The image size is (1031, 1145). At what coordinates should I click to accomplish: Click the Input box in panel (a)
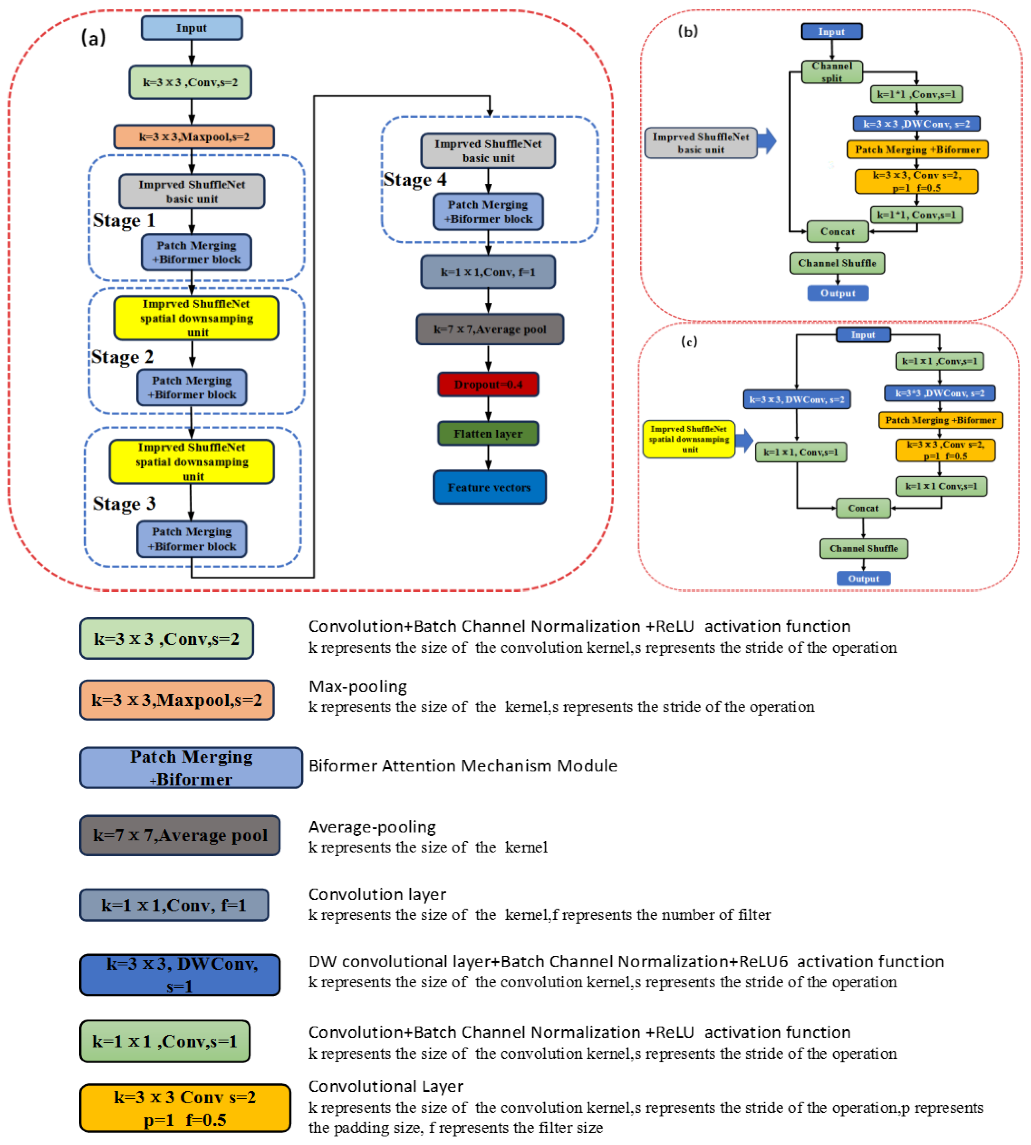click(192, 28)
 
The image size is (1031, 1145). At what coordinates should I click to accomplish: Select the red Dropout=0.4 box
click(488, 384)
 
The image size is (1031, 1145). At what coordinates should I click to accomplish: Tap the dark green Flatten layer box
click(488, 434)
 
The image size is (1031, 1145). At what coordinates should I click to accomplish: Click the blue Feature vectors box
click(490, 487)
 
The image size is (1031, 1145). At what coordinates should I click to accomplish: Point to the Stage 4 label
click(415, 179)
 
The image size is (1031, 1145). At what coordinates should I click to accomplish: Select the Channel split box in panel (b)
click(831, 72)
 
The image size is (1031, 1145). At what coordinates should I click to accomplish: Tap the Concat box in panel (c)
click(863, 508)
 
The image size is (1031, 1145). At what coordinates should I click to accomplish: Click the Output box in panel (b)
click(837, 293)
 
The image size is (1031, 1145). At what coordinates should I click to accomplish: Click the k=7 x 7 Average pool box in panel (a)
click(490, 329)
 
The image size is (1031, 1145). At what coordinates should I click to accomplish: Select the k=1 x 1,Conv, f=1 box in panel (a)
click(488, 272)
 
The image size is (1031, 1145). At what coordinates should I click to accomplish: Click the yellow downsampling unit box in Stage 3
click(192, 461)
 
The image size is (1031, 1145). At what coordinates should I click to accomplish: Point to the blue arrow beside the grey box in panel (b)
click(767, 141)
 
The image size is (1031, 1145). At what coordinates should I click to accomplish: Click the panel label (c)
click(689, 341)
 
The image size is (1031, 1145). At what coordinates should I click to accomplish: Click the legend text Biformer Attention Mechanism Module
click(462, 766)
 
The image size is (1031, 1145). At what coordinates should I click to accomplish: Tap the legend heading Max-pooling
click(357, 686)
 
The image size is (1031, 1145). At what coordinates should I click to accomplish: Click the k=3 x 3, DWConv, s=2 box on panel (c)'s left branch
click(796, 399)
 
